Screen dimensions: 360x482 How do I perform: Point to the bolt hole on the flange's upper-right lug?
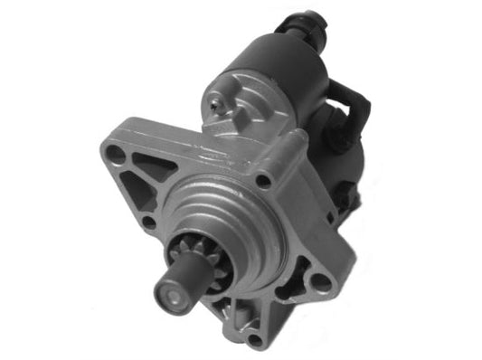[264, 181]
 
